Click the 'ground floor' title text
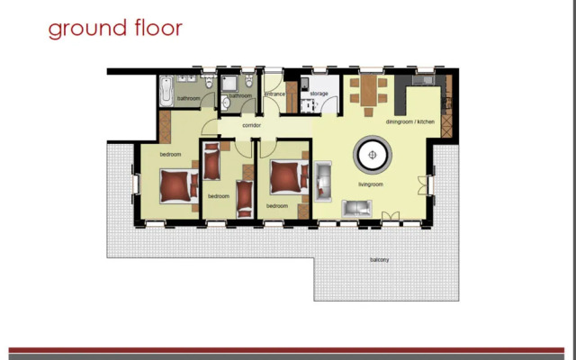[115, 28]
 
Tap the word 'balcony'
[379, 260]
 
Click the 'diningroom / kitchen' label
[409, 121]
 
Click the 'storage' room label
[319, 93]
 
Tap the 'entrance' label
[274, 94]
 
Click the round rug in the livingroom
[371, 155]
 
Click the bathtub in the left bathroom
[168, 90]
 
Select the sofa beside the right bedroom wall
[323, 178]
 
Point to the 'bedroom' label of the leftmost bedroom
[171, 155]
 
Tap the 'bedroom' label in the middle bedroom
[219, 195]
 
